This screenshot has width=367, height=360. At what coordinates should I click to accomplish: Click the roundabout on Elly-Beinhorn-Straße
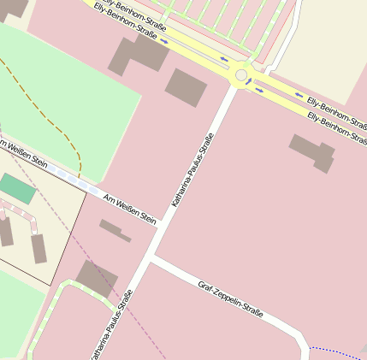241,74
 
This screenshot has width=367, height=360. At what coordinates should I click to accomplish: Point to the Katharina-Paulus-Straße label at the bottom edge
110,328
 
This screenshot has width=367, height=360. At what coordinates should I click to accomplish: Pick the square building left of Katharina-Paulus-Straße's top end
186,87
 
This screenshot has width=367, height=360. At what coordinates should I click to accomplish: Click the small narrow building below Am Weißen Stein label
115,230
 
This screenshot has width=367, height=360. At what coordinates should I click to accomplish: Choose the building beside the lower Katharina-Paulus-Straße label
97,278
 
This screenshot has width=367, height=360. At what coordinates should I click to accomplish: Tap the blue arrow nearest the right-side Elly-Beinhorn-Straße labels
299,95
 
